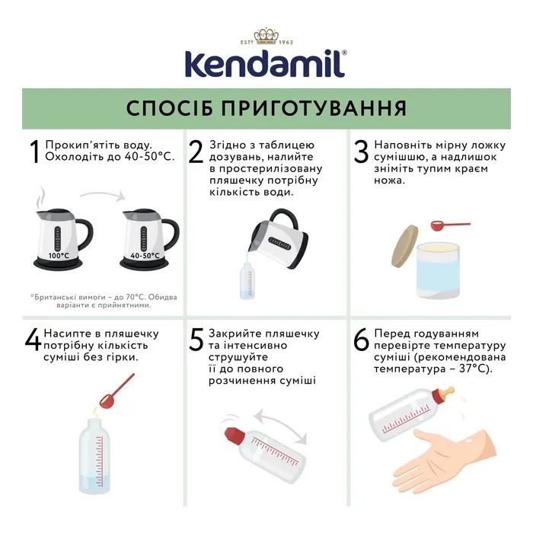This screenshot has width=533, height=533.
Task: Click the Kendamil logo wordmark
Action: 266,64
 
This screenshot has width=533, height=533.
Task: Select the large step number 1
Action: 34,152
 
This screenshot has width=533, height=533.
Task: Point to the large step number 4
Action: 33,340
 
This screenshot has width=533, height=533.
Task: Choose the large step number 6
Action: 361,340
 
